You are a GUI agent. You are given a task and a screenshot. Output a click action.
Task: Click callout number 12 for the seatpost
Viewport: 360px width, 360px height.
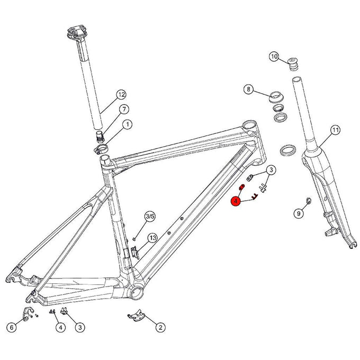coord(121,95)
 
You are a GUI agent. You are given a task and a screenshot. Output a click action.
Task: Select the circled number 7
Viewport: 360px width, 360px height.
coord(123,110)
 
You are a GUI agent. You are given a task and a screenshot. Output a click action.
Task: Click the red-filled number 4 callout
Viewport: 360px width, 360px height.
coord(236,201)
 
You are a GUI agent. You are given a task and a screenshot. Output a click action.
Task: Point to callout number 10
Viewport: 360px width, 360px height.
coord(274,57)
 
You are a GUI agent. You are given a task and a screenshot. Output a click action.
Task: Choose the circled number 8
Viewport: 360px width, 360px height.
coord(248,89)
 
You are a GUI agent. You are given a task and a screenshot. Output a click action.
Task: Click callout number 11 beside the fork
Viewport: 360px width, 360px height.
coord(335,130)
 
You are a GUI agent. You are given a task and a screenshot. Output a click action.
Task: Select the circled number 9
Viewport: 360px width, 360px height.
coord(298,213)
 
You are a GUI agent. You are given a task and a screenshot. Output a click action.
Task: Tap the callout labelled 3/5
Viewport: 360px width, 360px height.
coord(150,216)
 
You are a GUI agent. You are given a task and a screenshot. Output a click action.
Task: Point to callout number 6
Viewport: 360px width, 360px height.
coord(11,327)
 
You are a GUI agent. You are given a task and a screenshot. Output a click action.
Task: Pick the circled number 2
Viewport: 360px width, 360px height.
coord(159,327)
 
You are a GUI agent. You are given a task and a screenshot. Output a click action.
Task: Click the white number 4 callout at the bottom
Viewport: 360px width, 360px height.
coord(61,327)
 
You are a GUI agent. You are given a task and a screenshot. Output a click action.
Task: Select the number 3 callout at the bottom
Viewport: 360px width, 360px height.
coord(79,327)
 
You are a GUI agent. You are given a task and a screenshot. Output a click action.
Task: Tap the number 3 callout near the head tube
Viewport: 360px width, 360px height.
coord(270,170)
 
